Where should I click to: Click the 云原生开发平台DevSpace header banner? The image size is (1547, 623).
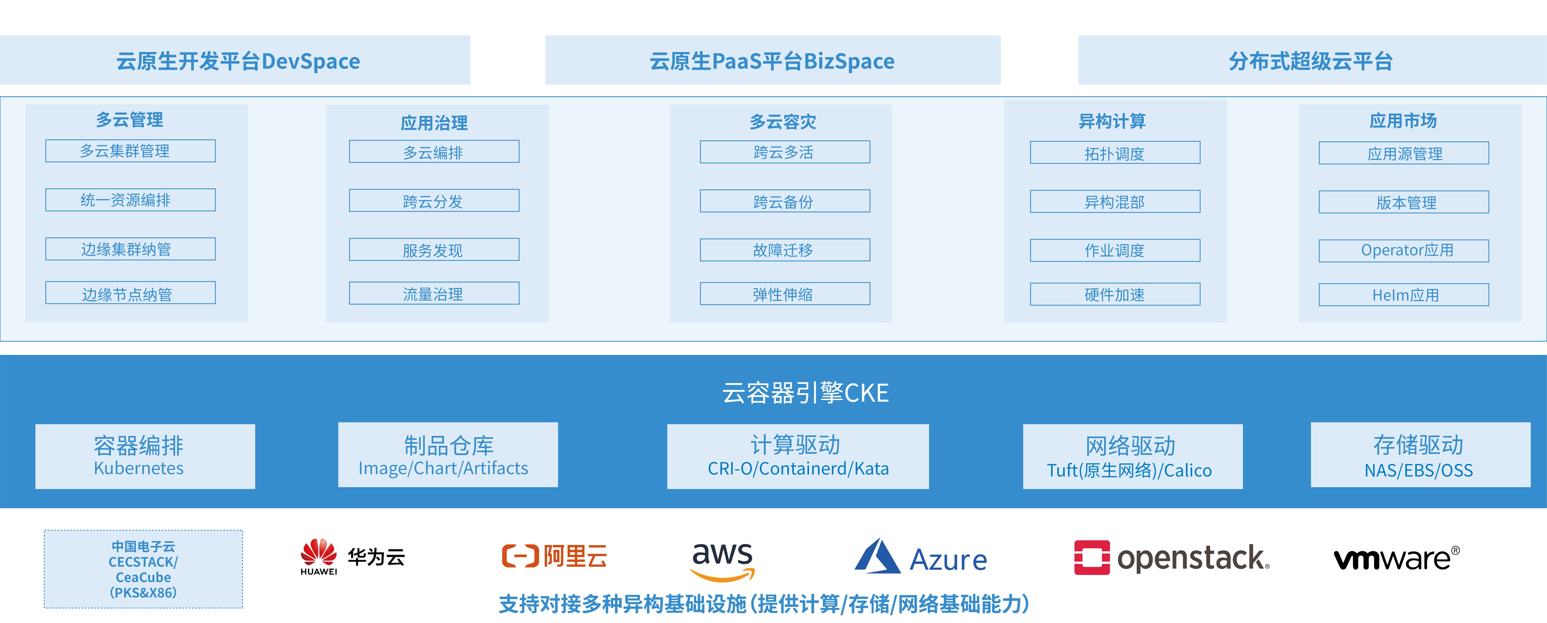pos(235,60)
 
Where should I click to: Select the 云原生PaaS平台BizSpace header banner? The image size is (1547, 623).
pos(773,60)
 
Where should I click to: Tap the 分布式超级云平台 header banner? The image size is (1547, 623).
pos(1312,60)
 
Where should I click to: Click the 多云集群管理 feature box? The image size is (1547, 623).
pos(130,151)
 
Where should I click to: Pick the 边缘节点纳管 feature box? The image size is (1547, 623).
pos(130,293)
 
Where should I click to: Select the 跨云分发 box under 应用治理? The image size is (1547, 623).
pos(434,201)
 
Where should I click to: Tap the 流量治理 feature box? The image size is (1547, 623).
pos(434,294)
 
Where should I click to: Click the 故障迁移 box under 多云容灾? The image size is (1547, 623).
pos(785,250)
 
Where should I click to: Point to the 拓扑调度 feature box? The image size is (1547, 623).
pos(1115,153)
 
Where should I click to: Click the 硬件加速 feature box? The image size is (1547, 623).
pos(1115,294)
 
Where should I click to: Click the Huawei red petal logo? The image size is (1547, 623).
pos(319,552)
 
